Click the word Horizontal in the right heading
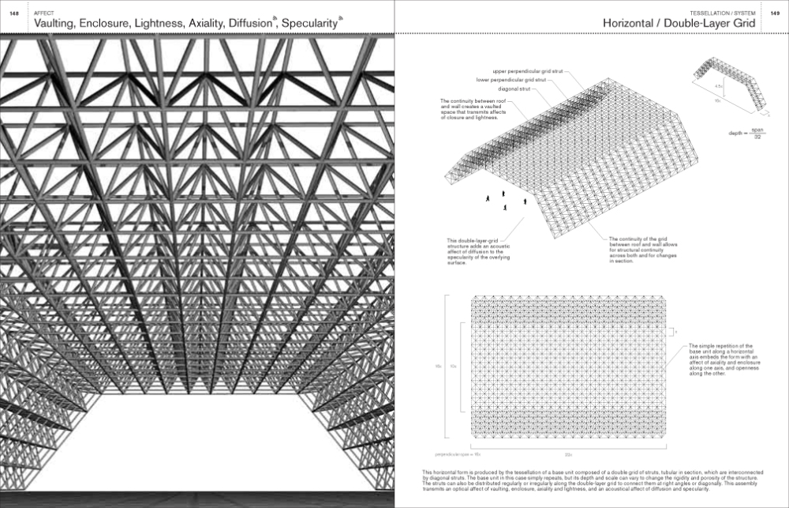[x=635, y=24]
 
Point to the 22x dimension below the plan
[x=568, y=454]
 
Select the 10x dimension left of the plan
[x=453, y=366]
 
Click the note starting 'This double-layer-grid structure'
[x=474, y=252]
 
